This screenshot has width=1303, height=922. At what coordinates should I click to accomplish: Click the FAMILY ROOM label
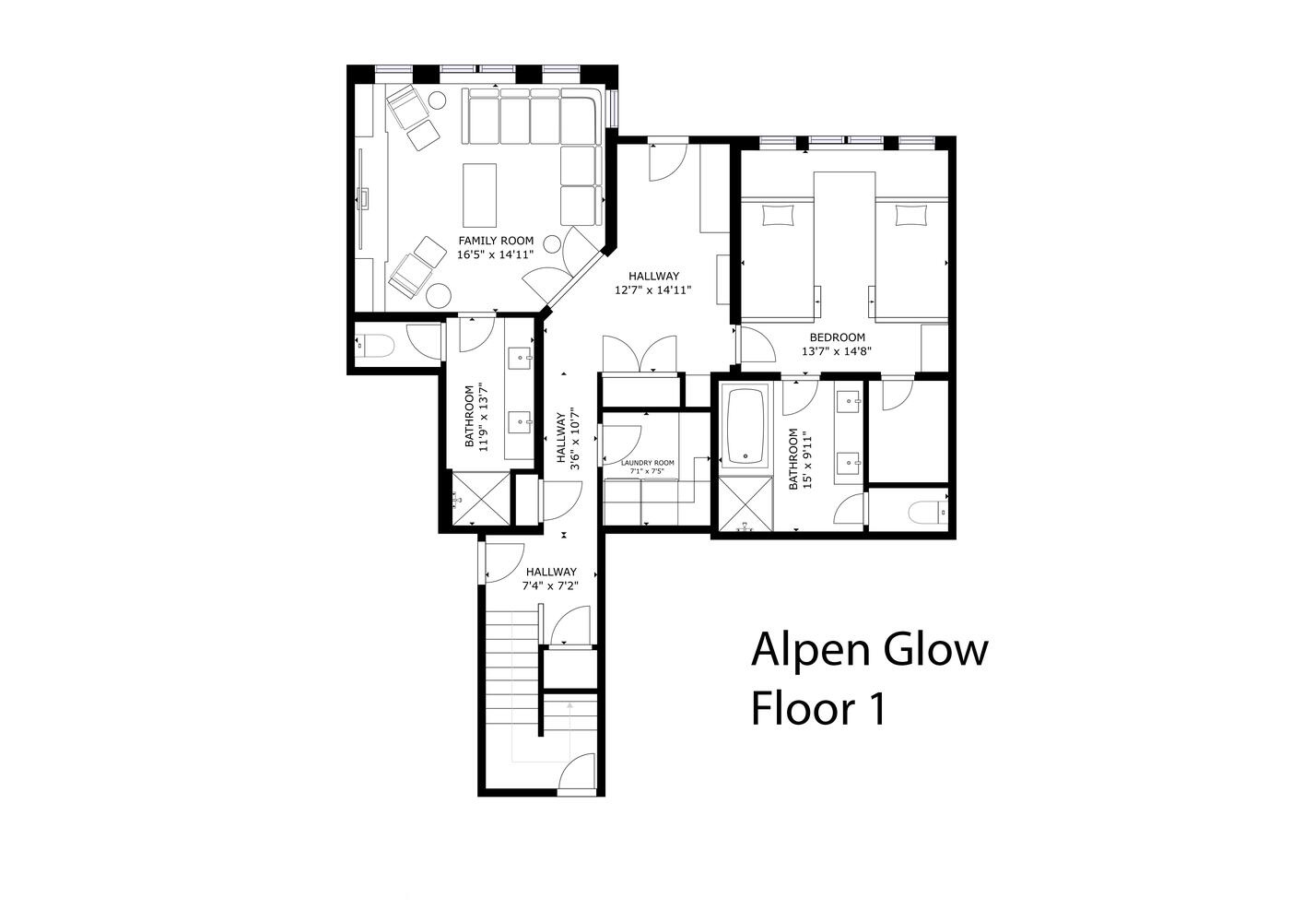496,241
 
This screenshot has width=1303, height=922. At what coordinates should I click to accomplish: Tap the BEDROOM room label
837,337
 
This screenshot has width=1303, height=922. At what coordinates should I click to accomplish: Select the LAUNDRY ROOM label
648,463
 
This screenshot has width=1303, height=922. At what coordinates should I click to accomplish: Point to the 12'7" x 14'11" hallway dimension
652,290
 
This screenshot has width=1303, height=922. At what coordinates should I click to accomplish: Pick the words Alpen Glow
870,651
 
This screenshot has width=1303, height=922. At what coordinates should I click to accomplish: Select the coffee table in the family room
479,195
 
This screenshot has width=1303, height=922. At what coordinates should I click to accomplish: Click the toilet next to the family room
375,345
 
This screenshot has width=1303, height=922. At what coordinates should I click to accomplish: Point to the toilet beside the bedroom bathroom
928,512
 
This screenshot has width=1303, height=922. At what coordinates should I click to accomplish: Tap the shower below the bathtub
746,503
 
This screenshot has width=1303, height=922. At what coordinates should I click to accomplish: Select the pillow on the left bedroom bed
779,216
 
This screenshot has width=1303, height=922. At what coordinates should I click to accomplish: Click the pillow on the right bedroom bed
912,216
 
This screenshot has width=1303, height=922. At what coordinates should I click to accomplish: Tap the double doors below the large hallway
640,354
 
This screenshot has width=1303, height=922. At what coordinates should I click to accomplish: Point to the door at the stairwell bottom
577,774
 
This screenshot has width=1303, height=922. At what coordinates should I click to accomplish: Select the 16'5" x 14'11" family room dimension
496,254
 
